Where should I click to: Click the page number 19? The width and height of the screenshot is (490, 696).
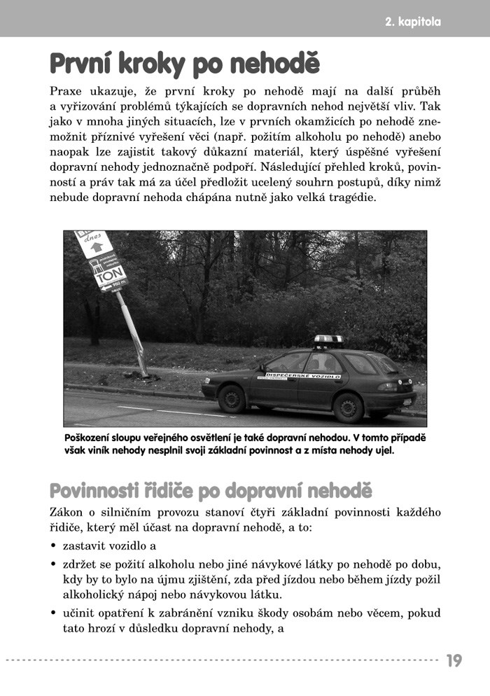pyautogui.click(x=454, y=660)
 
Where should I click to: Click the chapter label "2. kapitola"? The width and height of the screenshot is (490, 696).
pyautogui.click(x=413, y=22)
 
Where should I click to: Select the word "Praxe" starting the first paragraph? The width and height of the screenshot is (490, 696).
pyautogui.click(x=66, y=92)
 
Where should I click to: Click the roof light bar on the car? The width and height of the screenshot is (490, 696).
pyautogui.click(x=328, y=340)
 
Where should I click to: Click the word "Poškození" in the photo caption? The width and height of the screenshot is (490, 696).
pyautogui.click(x=86, y=437)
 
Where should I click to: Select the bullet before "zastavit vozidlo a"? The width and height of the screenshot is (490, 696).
pyautogui.click(x=53, y=545)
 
